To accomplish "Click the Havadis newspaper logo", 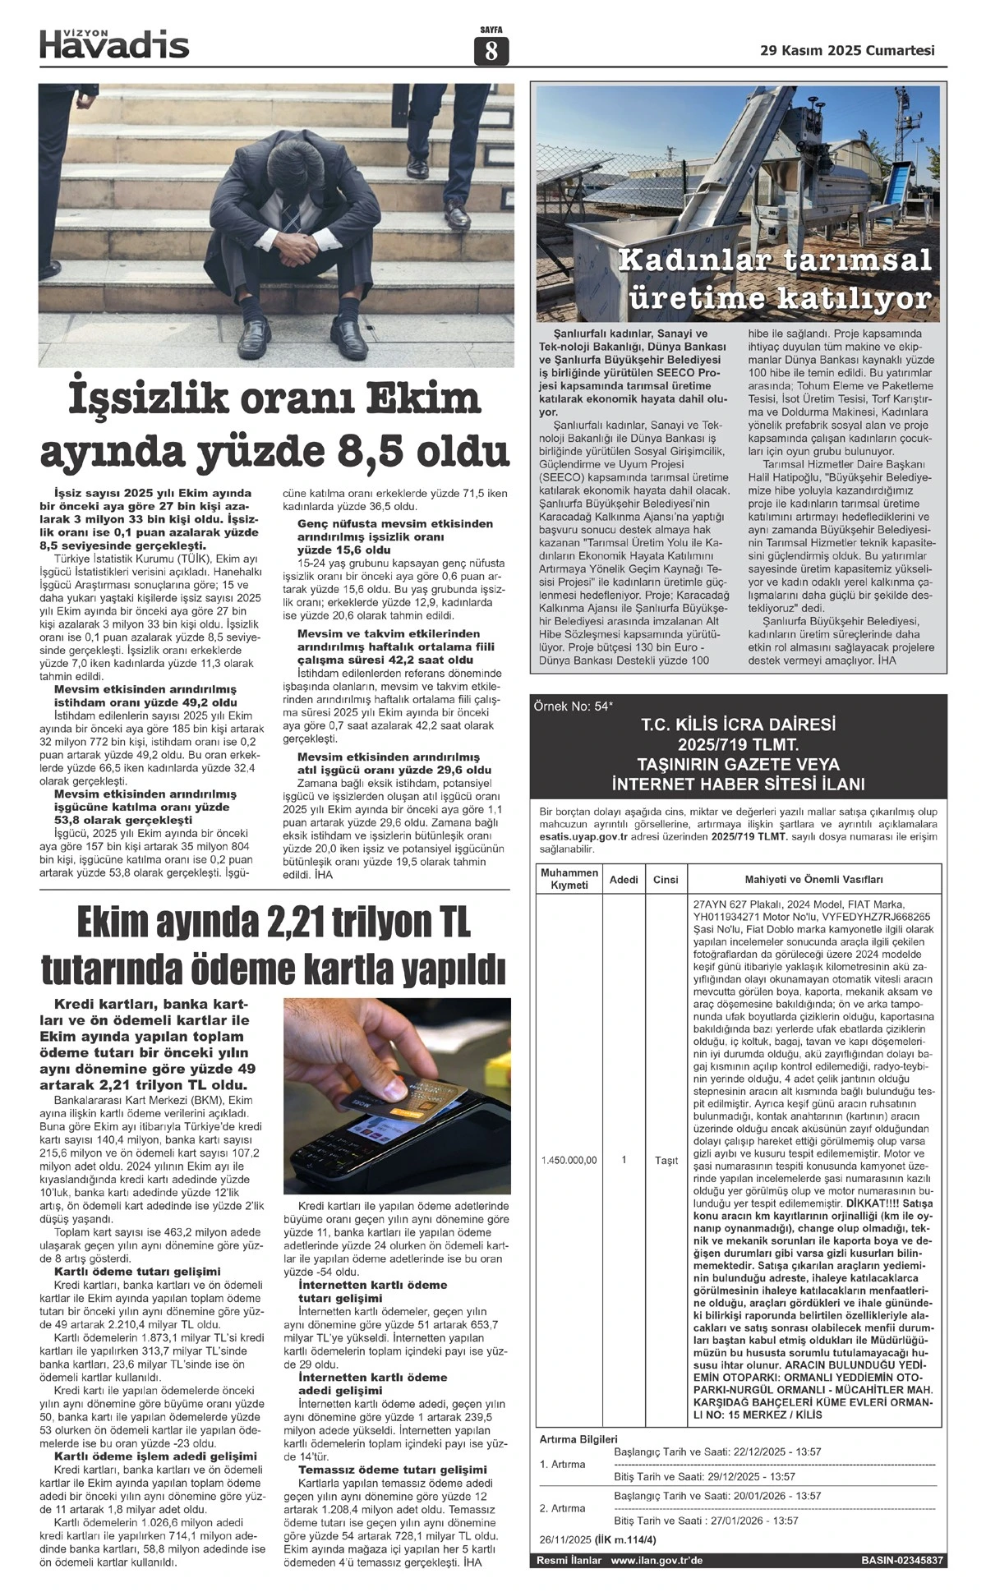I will [x=114, y=44].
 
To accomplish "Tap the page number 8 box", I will [x=491, y=52].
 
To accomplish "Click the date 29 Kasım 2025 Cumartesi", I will [x=848, y=51].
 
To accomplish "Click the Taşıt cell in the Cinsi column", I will [x=666, y=1161].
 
